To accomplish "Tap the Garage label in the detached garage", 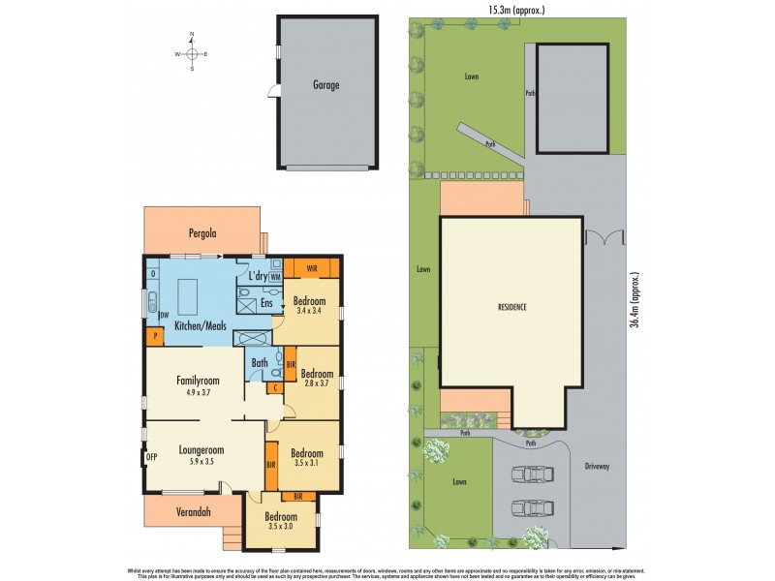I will (x=325, y=85).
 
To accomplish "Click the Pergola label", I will (x=202, y=233).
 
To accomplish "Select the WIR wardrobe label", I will (x=313, y=267).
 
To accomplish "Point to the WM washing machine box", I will (x=276, y=277).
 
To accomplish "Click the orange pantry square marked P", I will (x=155, y=336).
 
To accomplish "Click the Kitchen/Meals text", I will (x=200, y=326).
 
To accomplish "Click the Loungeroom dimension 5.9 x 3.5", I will (x=201, y=463).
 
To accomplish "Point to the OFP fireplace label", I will (x=151, y=456).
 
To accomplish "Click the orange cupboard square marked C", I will (x=275, y=388).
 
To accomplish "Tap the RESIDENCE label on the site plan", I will (x=511, y=307).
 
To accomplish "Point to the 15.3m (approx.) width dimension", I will (x=517, y=10).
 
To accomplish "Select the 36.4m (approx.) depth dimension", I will (x=635, y=301).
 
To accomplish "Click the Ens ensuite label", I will (x=267, y=302).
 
